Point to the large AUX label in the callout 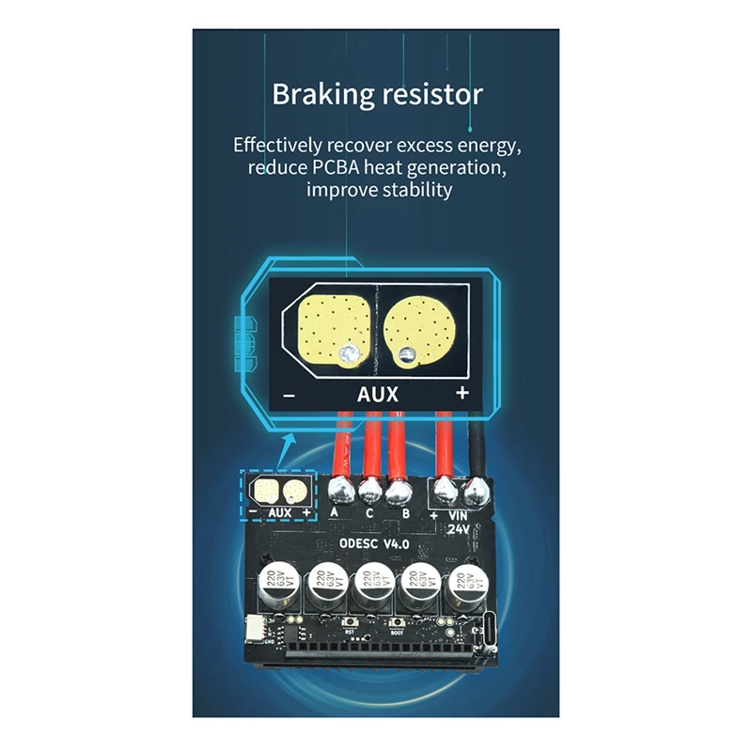[x=377, y=394]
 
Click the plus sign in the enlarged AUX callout [x=462, y=394]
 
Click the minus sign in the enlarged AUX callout [x=289, y=396]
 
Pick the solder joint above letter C [x=371, y=489]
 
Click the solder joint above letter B [x=403, y=489]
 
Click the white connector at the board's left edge [x=255, y=628]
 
